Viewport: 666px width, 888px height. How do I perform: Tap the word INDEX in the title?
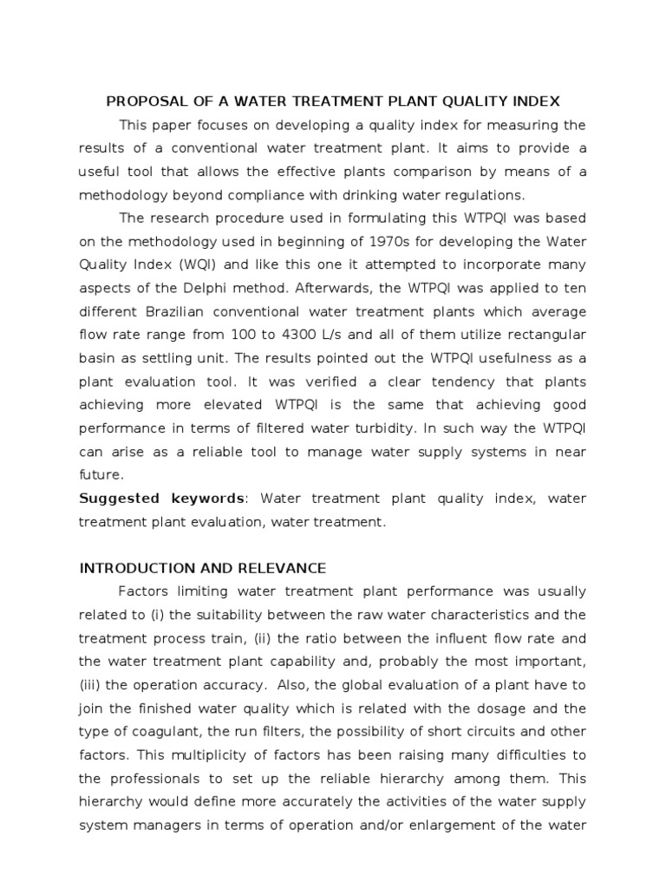(538, 101)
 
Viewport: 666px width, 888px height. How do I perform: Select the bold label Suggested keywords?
(162, 499)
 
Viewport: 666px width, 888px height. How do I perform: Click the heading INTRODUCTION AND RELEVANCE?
(203, 569)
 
